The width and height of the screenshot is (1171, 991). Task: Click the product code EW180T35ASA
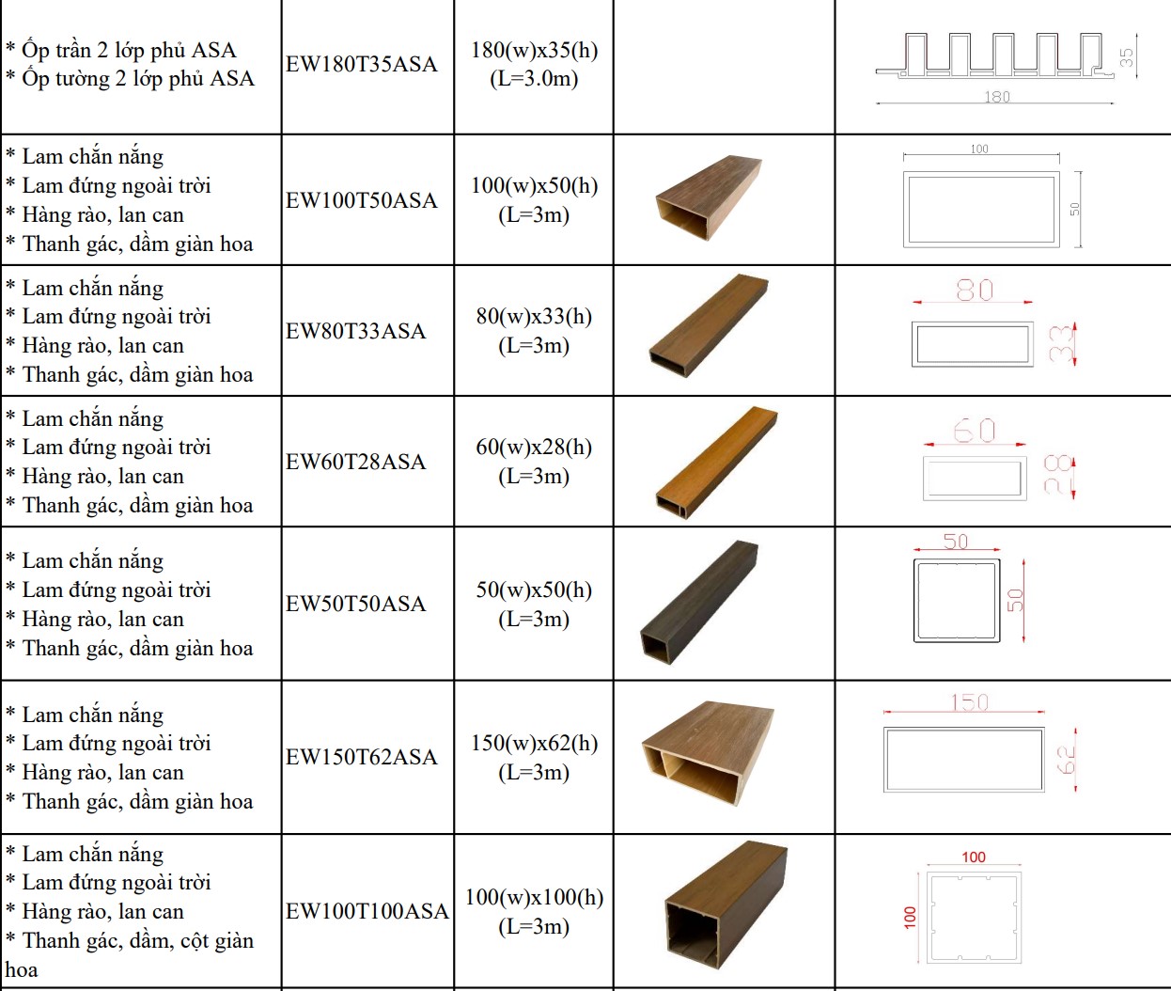[362, 64]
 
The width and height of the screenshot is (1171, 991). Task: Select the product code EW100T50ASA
[362, 200]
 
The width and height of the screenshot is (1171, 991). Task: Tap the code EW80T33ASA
[355, 331]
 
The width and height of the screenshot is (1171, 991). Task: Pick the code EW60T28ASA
[355, 462]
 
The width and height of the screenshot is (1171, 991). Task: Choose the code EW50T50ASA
[355, 604]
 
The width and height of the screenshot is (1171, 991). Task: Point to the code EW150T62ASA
[362, 757]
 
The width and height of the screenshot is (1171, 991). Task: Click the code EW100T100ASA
[367, 911]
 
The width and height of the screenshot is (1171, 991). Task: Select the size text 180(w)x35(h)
[534, 50]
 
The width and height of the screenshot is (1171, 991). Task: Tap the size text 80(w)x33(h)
[534, 316]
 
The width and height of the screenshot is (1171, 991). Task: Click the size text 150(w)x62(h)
[534, 743]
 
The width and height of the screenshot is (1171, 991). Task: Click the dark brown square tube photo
[699, 602]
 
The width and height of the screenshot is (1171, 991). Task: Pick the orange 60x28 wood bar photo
[716, 462]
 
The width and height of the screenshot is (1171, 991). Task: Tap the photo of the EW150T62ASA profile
[709, 753]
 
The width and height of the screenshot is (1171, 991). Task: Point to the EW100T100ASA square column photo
[726, 905]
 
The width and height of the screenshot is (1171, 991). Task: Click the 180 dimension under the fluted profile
[997, 97]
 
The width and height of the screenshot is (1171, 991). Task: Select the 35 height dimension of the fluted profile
[1126, 57]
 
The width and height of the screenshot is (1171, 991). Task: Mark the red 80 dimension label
[975, 291]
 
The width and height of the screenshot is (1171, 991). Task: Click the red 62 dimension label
[1066, 760]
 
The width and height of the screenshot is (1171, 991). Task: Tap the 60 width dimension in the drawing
[975, 431]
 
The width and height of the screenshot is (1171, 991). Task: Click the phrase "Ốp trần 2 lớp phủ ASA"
[129, 50]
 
